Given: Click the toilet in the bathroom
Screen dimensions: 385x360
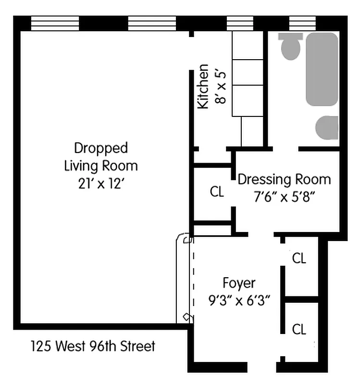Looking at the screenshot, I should (x=290, y=47).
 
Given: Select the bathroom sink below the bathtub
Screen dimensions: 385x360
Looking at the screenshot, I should (x=327, y=128).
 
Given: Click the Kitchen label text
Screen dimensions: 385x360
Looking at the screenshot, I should (x=204, y=87).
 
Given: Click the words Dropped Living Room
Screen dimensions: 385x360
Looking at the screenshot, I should (x=101, y=156).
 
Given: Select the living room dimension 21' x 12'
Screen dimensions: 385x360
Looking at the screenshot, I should (x=101, y=184).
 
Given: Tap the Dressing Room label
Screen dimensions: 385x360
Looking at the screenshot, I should (x=285, y=180).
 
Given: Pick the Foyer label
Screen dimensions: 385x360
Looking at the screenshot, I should (x=239, y=282).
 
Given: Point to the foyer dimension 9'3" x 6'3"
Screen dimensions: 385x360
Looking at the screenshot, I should (x=239, y=301).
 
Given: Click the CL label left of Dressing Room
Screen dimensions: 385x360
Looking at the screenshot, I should (x=217, y=192).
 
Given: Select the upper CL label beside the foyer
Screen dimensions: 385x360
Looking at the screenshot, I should (x=299, y=258).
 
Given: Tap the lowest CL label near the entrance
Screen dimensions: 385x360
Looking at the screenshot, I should (x=299, y=329).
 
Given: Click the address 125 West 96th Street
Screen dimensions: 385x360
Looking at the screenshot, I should (x=93, y=346).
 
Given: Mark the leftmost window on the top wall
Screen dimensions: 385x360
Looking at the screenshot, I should (x=55, y=23).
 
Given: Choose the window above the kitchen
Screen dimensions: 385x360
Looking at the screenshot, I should (x=240, y=23).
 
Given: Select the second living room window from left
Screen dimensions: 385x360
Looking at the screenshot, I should (x=152, y=23).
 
